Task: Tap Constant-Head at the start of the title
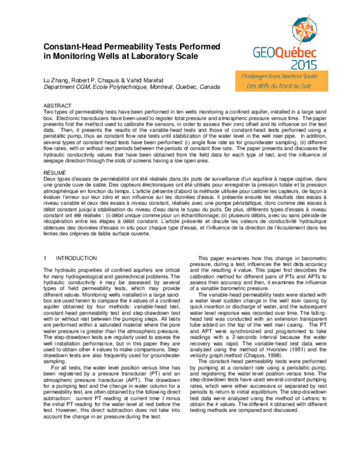[71, 46]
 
